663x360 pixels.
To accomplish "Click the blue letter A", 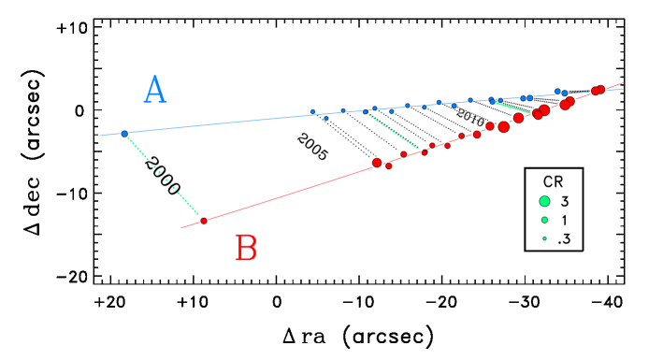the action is pyautogui.click(x=155, y=91).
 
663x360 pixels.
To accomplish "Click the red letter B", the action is pyautogui.click(x=246, y=250).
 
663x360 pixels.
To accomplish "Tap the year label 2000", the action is pyautogui.click(x=163, y=175).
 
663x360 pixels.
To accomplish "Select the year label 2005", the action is pyautogui.click(x=312, y=147).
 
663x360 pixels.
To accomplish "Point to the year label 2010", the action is pyautogui.click(x=469, y=118).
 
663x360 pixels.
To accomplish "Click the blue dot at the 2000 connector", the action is pyautogui.click(x=124, y=134).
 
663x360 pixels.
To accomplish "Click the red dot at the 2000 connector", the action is pyautogui.click(x=204, y=221).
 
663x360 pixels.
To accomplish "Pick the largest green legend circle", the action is pyautogui.click(x=544, y=201).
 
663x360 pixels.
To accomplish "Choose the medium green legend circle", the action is pyautogui.click(x=544, y=220).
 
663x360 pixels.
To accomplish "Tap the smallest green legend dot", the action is pyautogui.click(x=544, y=238).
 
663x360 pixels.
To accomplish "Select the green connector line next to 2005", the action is pyautogui.click(x=393, y=131).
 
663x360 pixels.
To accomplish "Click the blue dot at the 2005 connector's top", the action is pyautogui.click(x=366, y=112).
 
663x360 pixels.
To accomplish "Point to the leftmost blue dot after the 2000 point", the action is pyautogui.click(x=313, y=112).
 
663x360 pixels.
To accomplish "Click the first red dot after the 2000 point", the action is pyautogui.click(x=377, y=163).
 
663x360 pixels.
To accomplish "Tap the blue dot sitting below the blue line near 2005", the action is pyautogui.click(x=326, y=119).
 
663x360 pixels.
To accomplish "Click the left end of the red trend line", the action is pyautogui.click(x=181, y=227).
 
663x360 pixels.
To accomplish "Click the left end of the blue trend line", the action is pyautogui.click(x=101, y=136).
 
